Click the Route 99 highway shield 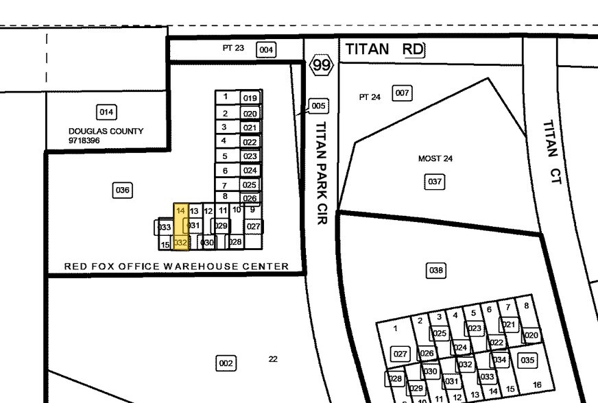[322, 66]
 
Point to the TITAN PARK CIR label [320, 173]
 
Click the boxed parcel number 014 [106, 112]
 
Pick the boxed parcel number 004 [266, 49]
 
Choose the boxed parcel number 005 [318, 106]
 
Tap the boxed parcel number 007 [402, 93]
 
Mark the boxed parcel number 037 [435, 182]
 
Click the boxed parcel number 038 [435, 270]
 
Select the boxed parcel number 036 [122, 190]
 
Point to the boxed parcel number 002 [226, 363]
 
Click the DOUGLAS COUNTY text [106, 131]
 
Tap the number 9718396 [84, 141]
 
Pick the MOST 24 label [435, 158]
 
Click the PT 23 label [233, 49]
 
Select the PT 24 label [370, 97]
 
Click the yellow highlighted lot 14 [181, 211]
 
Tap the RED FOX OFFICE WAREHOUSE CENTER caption [176, 266]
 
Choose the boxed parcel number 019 [250, 98]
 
